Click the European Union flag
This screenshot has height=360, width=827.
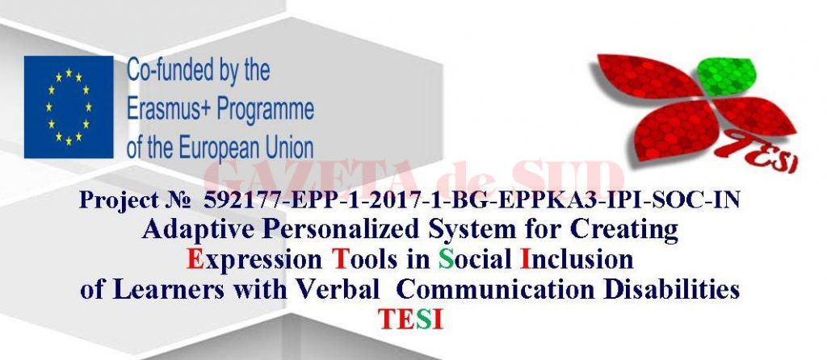[69, 107]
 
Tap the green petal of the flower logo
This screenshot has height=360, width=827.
[727, 77]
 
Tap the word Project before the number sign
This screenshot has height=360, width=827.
[119, 200]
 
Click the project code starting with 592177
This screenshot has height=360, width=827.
[472, 199]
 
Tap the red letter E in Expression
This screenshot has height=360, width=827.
[195, 259]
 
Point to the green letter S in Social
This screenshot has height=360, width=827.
[446, 259]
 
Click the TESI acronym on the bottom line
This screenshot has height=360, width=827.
[410, 319]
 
